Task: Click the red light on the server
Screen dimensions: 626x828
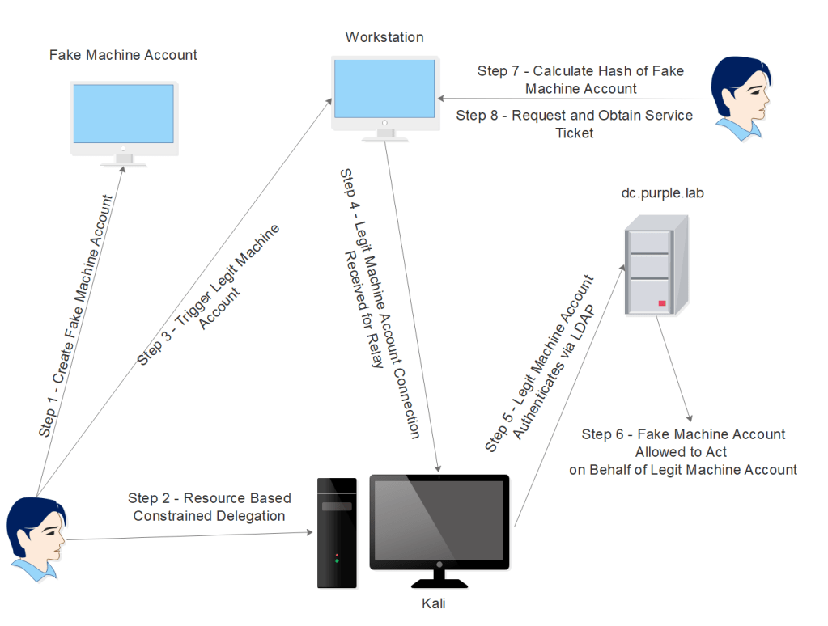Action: click(662, 303)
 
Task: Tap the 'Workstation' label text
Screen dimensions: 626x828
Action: click(384, 37)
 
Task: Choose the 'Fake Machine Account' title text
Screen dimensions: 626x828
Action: click(123, 55)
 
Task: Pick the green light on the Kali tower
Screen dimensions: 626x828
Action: click(337, 560)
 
